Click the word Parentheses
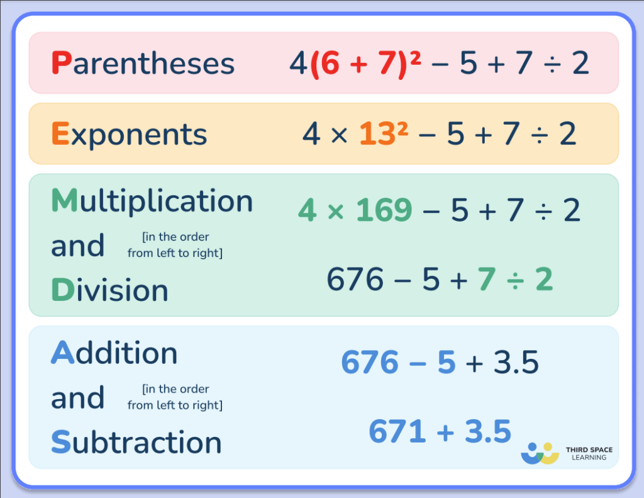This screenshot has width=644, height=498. click(x=143, y=64)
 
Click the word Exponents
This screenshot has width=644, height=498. click(x=129, y=134)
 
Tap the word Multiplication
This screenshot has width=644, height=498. click(x=152, y=201)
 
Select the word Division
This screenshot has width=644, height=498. click(x=109, y=290)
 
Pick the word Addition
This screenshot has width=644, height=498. click(x=114, y=353)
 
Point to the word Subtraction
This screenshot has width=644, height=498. click(x=136, y=443)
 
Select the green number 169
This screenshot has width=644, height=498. click(x=384, y=210)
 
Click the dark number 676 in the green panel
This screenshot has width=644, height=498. click(x=355, y=280)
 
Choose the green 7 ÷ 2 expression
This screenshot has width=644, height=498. click(x=515, y=280)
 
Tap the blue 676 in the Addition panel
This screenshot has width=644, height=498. click(x=370, y=363)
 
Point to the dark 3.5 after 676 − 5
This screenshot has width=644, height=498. click(x=516, y=363)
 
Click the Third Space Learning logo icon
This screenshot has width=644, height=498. click(x=540, y=453)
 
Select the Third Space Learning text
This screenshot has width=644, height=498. click(x=589, y=453)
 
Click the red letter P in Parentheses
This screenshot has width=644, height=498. click(x=61, y=64)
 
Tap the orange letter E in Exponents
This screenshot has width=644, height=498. click(x=60, y=134)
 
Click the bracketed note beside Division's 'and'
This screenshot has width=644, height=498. click(x=175, y=245)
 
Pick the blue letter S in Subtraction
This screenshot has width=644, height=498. click(x=60, y=443)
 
